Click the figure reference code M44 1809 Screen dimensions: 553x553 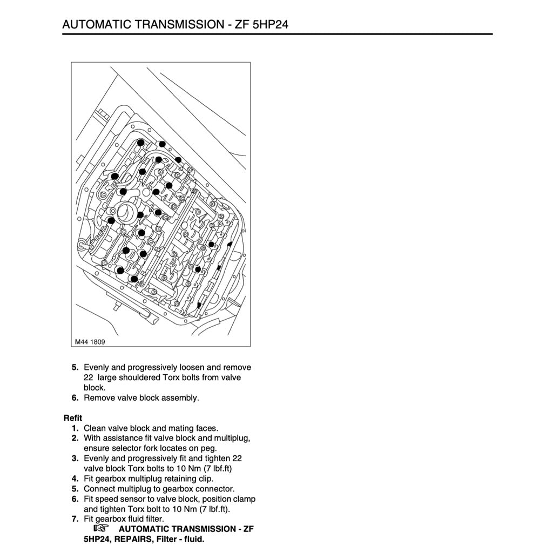click(x=90, y=341)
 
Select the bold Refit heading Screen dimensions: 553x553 click(x=72, y=418)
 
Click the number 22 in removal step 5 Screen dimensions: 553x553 click(x=89, y=377)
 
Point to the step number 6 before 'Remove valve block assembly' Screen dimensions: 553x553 click(x=75, y=398)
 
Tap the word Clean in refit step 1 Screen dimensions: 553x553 click(x=95, y=428)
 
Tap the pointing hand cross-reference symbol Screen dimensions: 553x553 click(x=101, y=529)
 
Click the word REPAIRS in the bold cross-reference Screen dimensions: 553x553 click(x=132, y=539)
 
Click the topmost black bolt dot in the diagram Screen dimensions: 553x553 click(x=141, y=143)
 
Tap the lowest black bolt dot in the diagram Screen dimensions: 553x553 click(x=199, y=306)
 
